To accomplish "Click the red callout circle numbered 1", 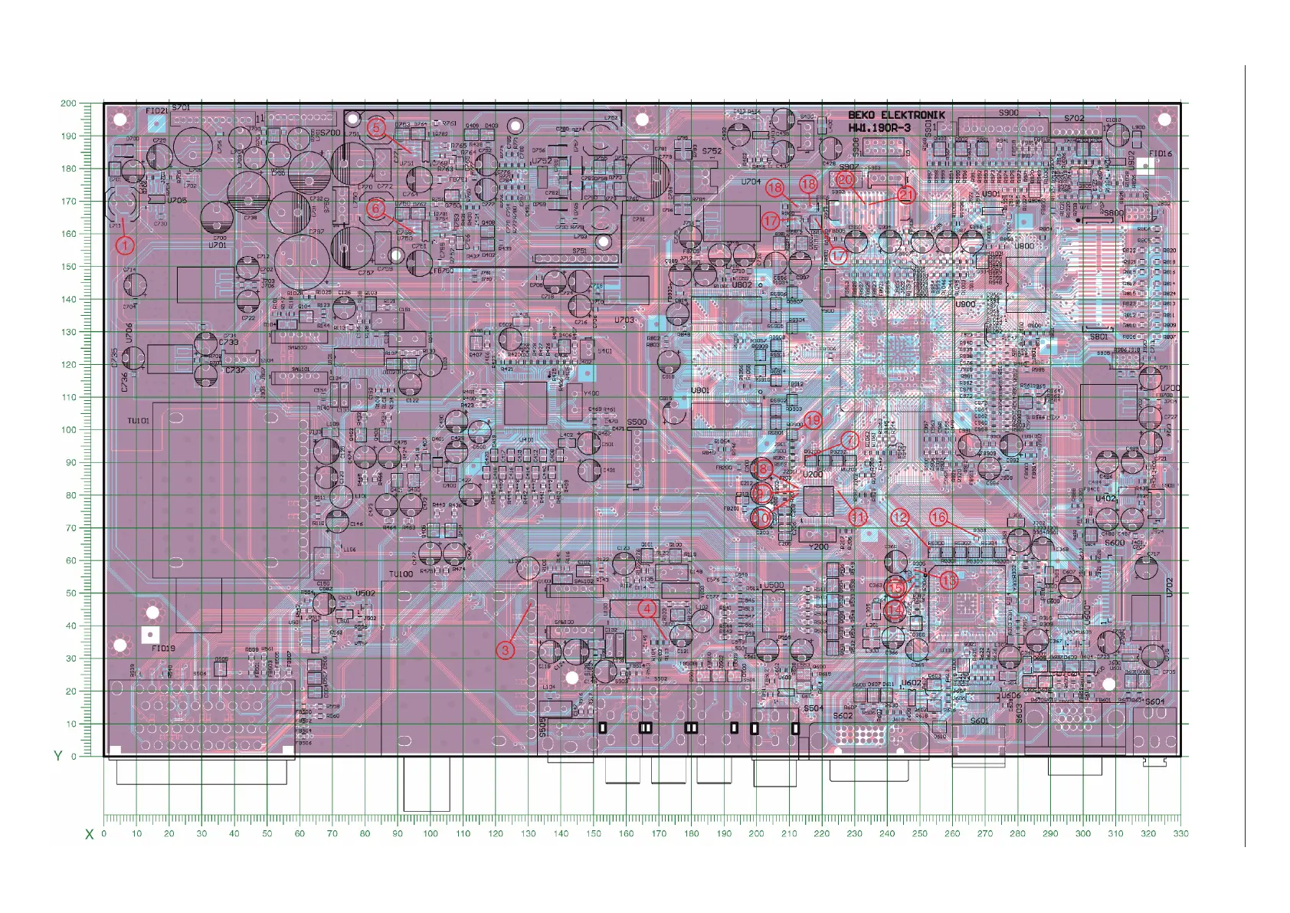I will (125, 245).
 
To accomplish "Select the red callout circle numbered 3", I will (505, 650).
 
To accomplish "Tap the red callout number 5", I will (376, 127).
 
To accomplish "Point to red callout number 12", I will (899, 518).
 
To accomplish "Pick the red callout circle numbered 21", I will (906, 195).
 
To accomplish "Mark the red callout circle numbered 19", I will (813, 419).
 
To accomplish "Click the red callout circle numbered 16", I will (938, 517).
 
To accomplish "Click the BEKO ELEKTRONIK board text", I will (895, 115).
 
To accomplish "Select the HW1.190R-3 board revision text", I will (879, 128).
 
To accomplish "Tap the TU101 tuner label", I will (139, 421).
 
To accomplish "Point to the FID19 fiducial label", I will (163, 649).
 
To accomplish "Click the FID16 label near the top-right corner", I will (1161, 153).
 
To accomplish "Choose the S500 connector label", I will (637, 422).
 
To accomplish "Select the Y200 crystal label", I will (819, 547).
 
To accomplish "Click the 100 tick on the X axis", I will (431, 833).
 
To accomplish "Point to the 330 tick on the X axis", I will (1180, 833).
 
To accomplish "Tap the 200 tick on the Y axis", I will (68, 103).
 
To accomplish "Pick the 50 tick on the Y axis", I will (71, 593).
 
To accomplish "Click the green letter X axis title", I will (89, 834).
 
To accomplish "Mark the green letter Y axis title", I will (57, 756).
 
